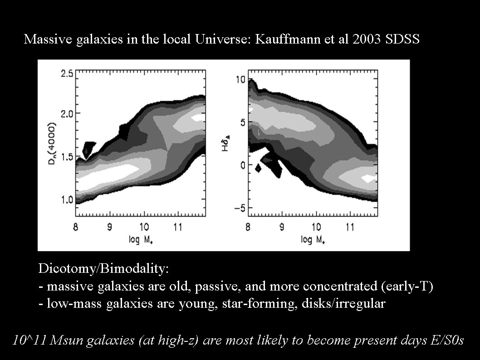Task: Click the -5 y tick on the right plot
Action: (239, 208)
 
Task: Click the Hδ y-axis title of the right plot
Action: (225, 142)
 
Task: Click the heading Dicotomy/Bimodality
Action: (103, 269)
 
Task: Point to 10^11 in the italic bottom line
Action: (29, 340)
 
